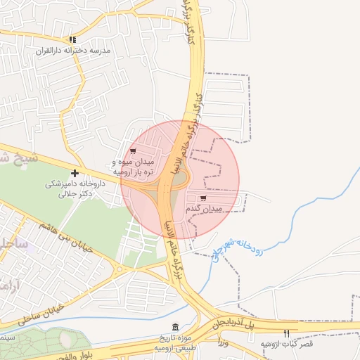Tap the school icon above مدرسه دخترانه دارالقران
72,40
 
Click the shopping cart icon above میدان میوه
134,150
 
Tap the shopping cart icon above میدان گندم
203,198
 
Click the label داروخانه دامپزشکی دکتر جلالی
69,188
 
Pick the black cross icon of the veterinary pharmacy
75,172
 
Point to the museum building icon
175,328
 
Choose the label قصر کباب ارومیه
286,343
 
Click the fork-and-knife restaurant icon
286,333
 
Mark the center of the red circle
181,179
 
